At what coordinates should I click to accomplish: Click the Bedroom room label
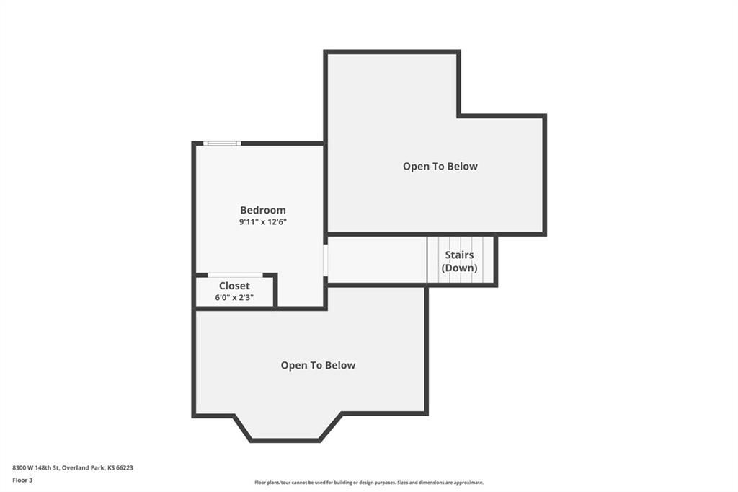262,210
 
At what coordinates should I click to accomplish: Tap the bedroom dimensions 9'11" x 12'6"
262,222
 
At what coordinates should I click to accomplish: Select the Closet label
234,286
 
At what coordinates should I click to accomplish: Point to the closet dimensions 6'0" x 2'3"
234,297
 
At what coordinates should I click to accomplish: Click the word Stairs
459,255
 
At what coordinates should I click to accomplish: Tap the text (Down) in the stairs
459,268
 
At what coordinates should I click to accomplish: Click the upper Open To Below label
440,167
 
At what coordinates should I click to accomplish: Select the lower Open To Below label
318,365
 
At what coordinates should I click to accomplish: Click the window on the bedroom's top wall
222,144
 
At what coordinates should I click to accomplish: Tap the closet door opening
236,275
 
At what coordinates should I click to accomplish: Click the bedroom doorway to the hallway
325,260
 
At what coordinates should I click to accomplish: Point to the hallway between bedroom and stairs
377,260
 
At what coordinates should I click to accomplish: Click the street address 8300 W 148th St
36,468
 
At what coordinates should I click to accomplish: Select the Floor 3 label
22,480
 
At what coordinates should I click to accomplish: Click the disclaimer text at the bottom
369,483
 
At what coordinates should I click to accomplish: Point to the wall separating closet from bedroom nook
275,291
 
